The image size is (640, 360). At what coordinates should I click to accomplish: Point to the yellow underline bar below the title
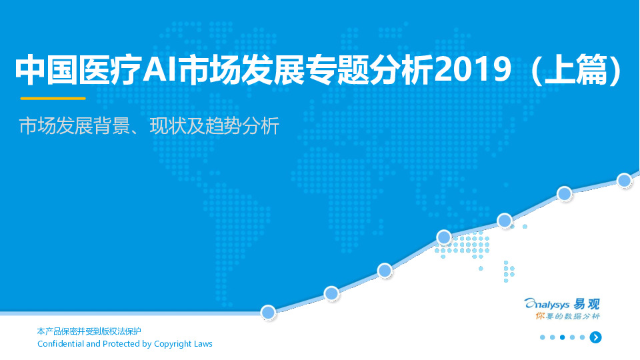[53, 98]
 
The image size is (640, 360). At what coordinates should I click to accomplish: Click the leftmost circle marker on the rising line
[268, 312]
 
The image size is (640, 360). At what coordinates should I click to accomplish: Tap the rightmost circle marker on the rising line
[624, 180]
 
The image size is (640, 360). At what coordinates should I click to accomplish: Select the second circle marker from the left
[331, 293]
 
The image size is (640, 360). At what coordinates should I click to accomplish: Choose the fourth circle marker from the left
[444, 237]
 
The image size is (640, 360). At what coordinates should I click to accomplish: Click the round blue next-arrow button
[595, 337]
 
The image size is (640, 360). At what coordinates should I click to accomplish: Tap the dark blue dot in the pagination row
[563, 337]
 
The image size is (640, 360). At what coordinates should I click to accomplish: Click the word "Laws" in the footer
[203, 344]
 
